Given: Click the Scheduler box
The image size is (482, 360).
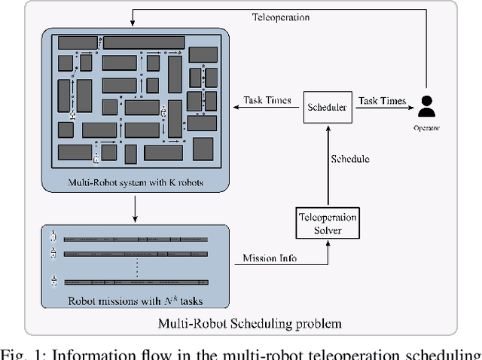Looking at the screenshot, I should pos(327,108).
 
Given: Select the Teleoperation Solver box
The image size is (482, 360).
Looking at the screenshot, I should pos(327,224).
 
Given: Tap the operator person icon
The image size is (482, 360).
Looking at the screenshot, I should pos(426,108).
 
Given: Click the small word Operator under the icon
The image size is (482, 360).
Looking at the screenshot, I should pos(426,128).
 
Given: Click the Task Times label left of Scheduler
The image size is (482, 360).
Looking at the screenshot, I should pos(267,101).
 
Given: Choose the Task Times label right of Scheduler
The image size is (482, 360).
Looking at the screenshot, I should pos(382,101).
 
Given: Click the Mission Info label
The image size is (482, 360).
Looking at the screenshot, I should pos(269,258).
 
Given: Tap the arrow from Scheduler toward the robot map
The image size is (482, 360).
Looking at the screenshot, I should pos(267,108).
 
